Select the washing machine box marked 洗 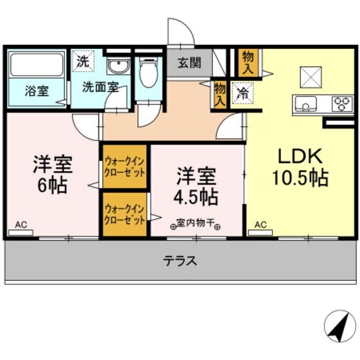[82, 62]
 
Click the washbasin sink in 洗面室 [118, 66]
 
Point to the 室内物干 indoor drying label [195, 224]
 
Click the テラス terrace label [179, 262]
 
